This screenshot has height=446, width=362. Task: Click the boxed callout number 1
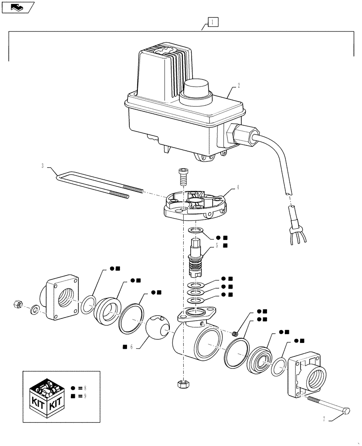coord(213,21)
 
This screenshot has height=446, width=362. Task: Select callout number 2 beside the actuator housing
coord(239,86)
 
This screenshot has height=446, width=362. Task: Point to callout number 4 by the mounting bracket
coord(238,188)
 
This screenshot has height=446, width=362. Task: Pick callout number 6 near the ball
coord(132,346)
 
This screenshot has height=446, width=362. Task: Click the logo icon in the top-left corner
coord(18,7)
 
